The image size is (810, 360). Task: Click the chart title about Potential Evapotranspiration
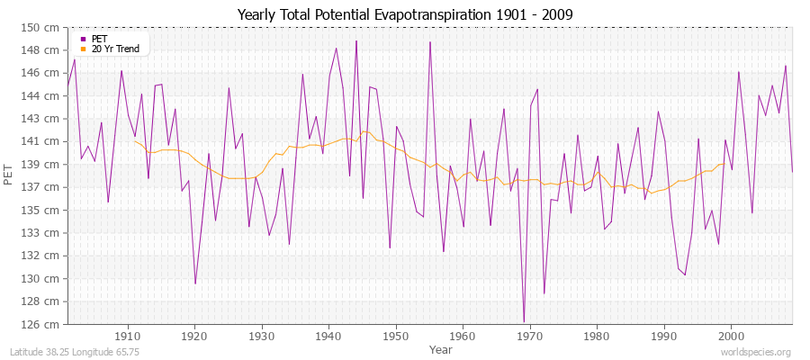(x=405, y=14)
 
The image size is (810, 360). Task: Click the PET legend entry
(x=99, y=39)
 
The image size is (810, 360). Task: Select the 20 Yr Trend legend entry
(x=116, y=49)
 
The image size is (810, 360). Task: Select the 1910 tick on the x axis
(x=128, y=335)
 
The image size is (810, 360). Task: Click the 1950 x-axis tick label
(x=396, y=335)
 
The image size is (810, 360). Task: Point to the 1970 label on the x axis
(x=530, y=335)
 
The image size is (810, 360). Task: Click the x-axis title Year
(x=441, y=348)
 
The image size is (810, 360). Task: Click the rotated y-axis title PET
(x=10, y=175)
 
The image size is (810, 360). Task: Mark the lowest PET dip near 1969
(x=524, y=322)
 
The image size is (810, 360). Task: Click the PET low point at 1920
(x=195, y=283)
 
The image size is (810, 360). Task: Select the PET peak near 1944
(x=356, y=40)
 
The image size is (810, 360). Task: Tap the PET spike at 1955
(x=430, y=41)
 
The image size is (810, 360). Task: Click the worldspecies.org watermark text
(x=757, y=352)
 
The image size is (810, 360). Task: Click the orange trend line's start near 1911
(x=135, y=140)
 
